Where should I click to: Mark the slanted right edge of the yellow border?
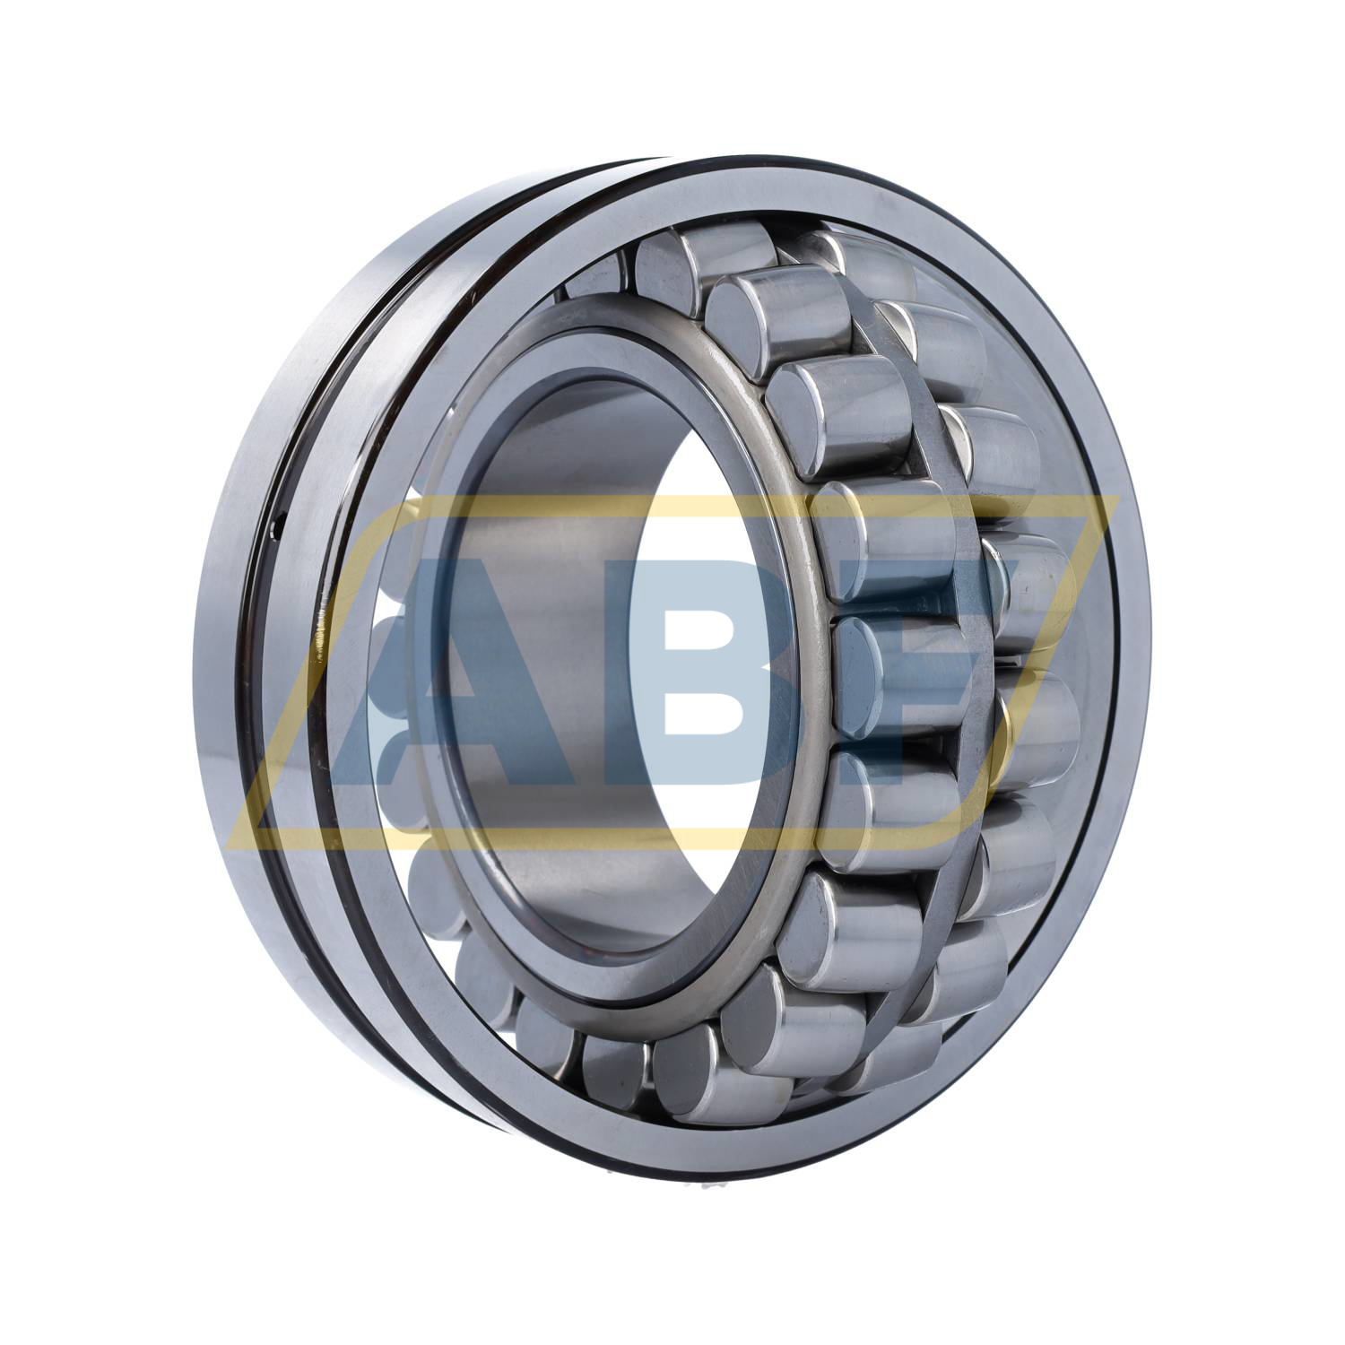click(x=1040, y=664)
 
